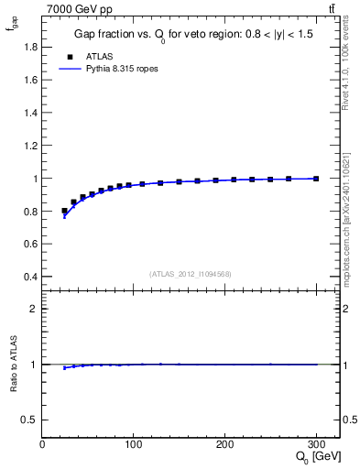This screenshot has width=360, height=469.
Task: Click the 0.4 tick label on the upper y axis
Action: [x=29, y=277]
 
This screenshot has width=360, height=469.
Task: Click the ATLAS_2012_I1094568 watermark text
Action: [x=191, y=274]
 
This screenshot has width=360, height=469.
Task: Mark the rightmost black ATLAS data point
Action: [x=316, y=179]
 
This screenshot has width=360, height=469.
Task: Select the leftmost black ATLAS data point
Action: [x=64, y=211]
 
